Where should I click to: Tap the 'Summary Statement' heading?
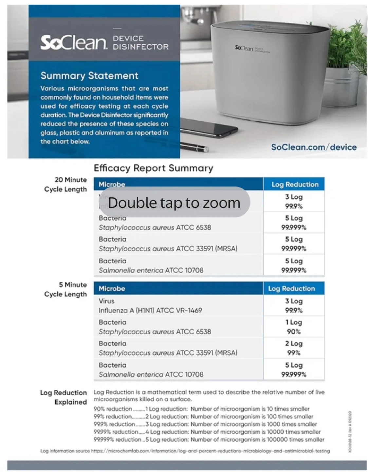[x=89, y=76]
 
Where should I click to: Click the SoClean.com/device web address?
[x=314, y=147]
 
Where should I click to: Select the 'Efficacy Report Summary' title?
[x=153, y=168]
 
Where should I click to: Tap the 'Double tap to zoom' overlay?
[x=174, y=203]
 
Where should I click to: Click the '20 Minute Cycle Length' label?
[x=66, y=185]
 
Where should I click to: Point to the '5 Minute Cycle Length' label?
[x=66, y=289]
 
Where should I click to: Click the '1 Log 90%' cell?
[x=294, y=327]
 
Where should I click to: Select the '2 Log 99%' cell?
[x=294, y=348]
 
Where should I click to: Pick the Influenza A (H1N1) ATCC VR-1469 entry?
[x=150, y=310]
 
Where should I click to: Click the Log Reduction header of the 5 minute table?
[x=291, y=288]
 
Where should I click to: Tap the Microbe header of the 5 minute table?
[x=112, y=288]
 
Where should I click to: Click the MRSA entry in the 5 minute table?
[x=168, y=353]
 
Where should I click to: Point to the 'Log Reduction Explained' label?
[x=64, y=397]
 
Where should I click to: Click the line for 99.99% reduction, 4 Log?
[x=207, y=432]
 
